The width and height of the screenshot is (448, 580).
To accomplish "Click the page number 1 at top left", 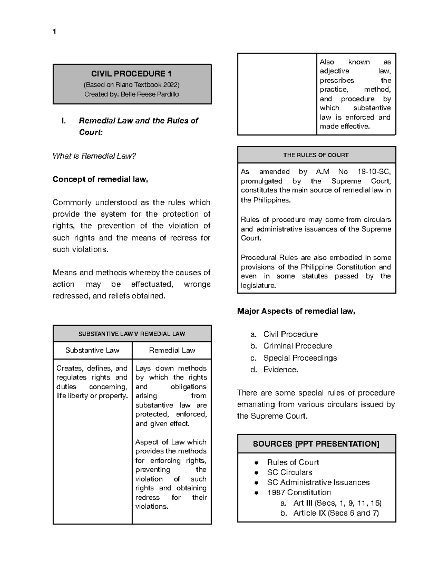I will pos(55,32).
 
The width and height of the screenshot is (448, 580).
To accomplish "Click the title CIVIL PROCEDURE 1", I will pos(132,74).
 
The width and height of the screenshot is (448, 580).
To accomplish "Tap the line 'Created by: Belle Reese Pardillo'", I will pos(132,94).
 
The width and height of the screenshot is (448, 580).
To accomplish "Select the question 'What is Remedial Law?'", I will pos(94,156).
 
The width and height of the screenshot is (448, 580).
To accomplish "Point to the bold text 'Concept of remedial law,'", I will pos(100,179).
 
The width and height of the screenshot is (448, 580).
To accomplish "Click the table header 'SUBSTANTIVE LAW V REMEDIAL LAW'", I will pos(132,334).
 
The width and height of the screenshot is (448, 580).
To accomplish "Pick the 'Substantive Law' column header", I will pos(92,350).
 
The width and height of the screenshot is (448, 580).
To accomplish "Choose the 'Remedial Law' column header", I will pos(172,350).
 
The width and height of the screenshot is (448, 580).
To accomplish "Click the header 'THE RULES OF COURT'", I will pos(316,155).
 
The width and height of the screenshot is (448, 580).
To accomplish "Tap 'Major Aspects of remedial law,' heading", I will pos(296,311).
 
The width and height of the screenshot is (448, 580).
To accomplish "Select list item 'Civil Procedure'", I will pos(290,334).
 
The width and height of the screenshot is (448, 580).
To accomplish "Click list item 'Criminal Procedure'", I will pos(298,346).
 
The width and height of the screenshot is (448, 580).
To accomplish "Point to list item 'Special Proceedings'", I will pos(300,358).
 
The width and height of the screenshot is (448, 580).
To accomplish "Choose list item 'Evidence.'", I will pos(281,370).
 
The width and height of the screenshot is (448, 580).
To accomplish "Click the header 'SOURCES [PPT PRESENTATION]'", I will pos(316,444).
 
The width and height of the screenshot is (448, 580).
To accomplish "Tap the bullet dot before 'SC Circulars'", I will pos(256,472).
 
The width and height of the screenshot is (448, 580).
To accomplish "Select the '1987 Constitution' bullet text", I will pos(299,493).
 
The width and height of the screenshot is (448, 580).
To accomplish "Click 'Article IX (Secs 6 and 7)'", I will pos(336,513).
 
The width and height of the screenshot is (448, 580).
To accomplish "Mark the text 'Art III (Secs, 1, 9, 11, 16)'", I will pos(337,503).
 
